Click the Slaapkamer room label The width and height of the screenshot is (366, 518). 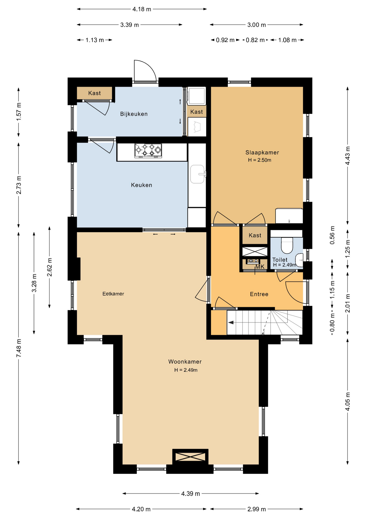[x=262, y=152]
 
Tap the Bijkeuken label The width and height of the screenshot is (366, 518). [x=134, y=114]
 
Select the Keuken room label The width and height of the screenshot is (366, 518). [x=141, y=185]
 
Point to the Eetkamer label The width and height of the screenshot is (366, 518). [x=113, y=294]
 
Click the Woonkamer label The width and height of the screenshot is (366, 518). [x=185, y=362]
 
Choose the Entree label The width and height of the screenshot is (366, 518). [x=259, y=294]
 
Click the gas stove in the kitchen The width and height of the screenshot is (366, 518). [x=148, y=151]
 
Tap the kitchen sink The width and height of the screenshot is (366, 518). [x=198, y=174]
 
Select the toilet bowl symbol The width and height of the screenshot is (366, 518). [x=287, y=245]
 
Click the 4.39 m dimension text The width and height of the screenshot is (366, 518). [x=191, y=494]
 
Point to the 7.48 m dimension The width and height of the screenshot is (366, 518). [x=19, y=348]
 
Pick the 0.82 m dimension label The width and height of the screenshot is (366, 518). [x=255, y=40]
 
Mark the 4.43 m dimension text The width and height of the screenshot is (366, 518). [x=348, y=156]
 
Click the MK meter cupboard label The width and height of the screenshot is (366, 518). [x=260, y=267]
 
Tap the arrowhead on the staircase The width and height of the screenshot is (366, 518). [x=231, y=322]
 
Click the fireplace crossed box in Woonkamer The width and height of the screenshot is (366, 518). [x=190, y=457]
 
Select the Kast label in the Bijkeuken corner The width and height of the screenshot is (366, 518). [x=94, y=93]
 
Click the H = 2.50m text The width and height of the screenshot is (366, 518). [x=260, y=160]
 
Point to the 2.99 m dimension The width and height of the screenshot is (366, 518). [x=257, y=509]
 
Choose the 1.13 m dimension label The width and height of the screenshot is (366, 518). [x=95, y=40]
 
